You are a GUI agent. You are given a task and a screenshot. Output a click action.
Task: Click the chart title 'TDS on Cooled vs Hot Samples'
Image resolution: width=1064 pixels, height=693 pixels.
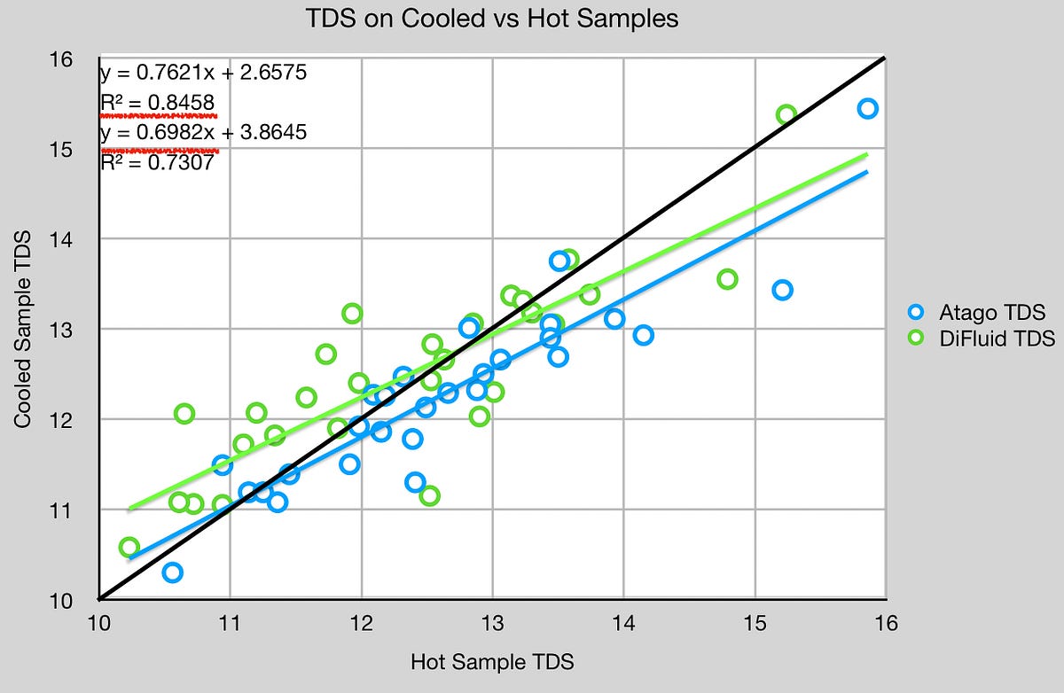click(492, 19)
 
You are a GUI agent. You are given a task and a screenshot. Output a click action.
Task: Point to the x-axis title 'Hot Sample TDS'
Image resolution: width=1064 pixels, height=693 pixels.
click(492, 662)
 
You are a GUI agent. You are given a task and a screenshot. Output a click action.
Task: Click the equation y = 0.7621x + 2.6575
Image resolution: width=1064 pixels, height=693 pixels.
click(203, 73)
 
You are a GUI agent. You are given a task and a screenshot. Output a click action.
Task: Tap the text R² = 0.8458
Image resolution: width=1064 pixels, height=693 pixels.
click(157, 103)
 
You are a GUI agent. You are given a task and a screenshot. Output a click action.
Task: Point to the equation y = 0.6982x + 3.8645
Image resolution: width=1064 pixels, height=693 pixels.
click(203, 133)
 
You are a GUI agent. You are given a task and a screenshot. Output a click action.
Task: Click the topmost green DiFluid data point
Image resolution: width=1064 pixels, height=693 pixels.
click(786, 114)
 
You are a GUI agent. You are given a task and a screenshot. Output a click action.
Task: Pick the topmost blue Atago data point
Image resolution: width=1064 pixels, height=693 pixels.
click(867, 108)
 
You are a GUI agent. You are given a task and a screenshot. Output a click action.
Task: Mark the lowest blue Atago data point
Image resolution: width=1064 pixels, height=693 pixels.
click(172, 572)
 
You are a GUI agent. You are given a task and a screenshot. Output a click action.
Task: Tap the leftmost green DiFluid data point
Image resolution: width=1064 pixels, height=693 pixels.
click(129, 547)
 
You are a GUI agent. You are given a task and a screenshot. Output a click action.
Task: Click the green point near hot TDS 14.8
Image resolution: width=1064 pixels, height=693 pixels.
click(727, 279)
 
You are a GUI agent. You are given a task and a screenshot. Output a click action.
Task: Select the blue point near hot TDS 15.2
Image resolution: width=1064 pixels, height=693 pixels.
click(782, 290)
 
